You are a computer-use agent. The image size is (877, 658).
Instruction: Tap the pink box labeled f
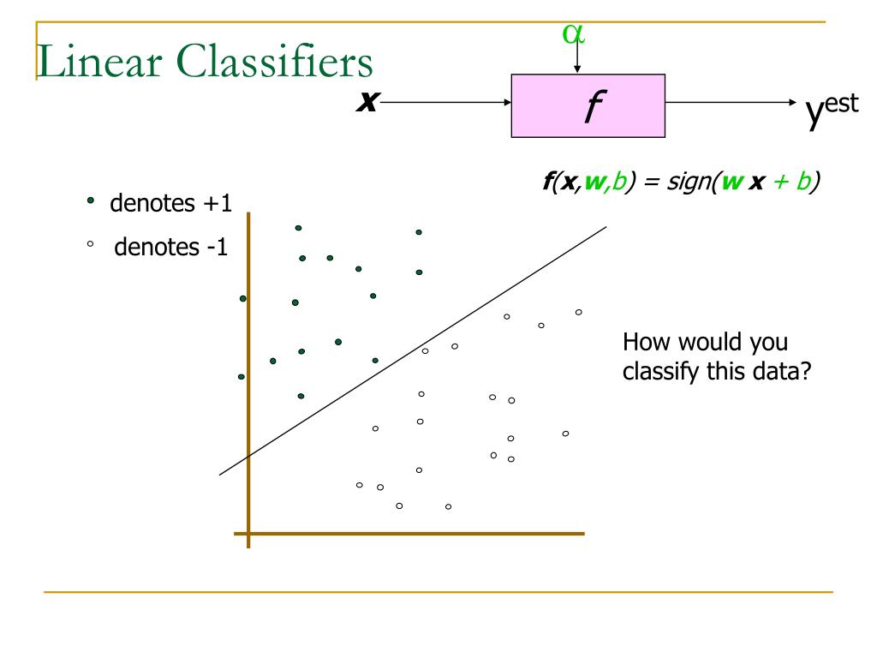pyautogui.click(x=588, y=105)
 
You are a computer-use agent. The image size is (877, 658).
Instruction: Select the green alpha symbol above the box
pyautogui.click(x=574, y=33)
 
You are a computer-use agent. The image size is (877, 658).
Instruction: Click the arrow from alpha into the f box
pyautogui.click(x=578, y=60)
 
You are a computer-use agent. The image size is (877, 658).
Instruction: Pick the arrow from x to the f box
pyautogui.click(x=445, y=104)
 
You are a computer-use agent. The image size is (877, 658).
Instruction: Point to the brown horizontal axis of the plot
pyautogui.click(x=411, y=534)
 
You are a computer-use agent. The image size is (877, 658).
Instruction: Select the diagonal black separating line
pyautogui.click(x=411, y=351)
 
